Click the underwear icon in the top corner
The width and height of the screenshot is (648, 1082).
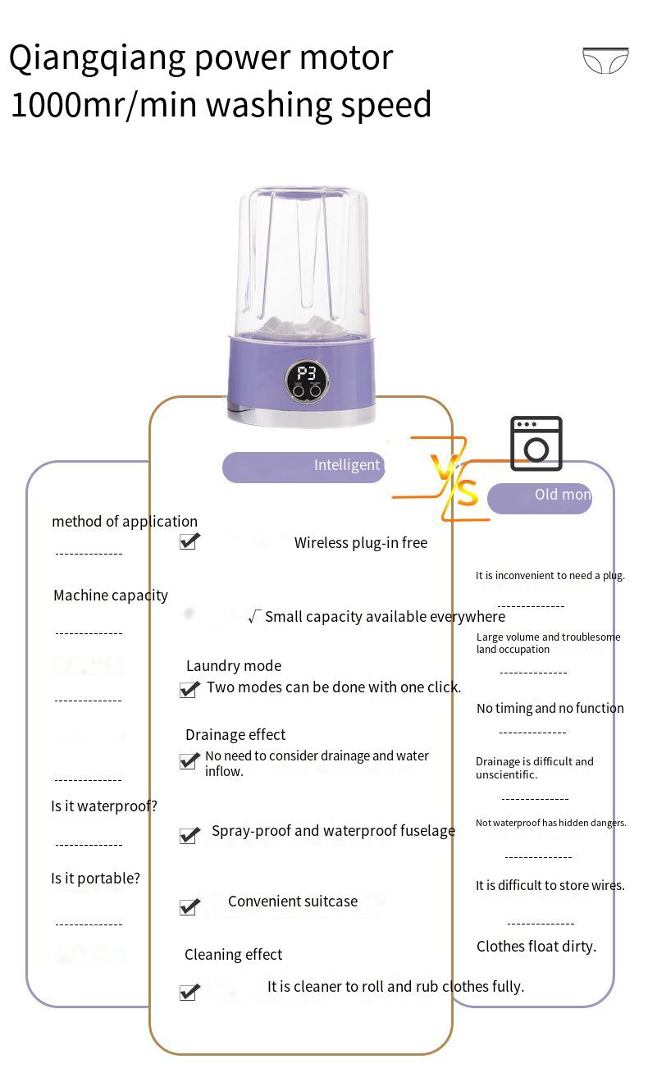coord(605,61)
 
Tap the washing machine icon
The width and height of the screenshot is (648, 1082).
coord(536,444)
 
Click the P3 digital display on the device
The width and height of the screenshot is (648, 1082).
coord(306,374)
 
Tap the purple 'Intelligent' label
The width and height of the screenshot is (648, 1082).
coord(303,466)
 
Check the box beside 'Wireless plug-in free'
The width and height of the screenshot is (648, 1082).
coord(189,541)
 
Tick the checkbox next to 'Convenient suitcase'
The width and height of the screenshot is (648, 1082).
coord(189,906)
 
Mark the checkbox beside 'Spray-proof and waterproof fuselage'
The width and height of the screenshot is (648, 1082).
coord(189,835)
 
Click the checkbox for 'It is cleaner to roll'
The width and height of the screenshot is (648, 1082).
coord(189,993)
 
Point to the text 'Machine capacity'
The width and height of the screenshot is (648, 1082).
coord(111,596)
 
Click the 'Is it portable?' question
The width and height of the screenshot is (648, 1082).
coord(95,879)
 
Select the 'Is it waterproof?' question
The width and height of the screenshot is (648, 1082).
coord(104,806)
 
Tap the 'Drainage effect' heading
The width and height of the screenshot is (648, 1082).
coord(235,735)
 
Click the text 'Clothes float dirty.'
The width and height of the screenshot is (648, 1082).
coord(536,947)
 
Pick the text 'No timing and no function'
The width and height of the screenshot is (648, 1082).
coord(550,709)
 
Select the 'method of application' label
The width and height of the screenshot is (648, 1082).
coord(125,522)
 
